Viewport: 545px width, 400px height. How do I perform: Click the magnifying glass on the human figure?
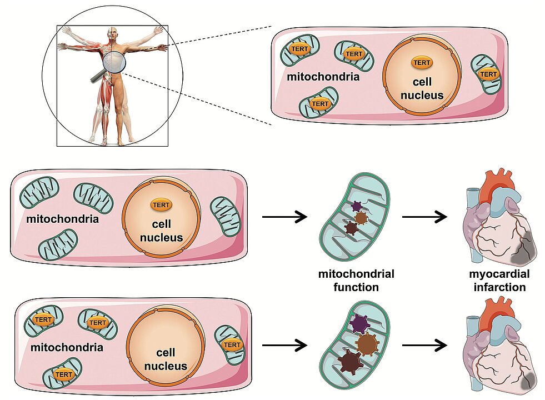(114, 61)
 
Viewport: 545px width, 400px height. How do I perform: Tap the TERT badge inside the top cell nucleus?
(422, 63)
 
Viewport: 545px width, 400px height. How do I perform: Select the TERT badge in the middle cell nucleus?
(161, 204)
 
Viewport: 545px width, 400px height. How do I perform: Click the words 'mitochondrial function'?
(356, 281)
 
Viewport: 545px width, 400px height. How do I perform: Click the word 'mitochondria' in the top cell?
(323, 76)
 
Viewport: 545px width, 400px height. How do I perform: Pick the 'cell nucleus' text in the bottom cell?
(166, 359)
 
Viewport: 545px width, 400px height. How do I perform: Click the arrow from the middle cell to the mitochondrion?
(284, 217)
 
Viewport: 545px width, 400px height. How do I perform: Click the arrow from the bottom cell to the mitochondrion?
(284, 346)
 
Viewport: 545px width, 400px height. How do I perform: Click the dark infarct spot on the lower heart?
(527, 380)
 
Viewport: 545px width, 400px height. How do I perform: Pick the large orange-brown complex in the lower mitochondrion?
(367, 344)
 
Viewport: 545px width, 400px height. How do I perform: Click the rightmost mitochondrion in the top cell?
(486, 74)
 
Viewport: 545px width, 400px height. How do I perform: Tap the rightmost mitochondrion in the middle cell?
(225, 216)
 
